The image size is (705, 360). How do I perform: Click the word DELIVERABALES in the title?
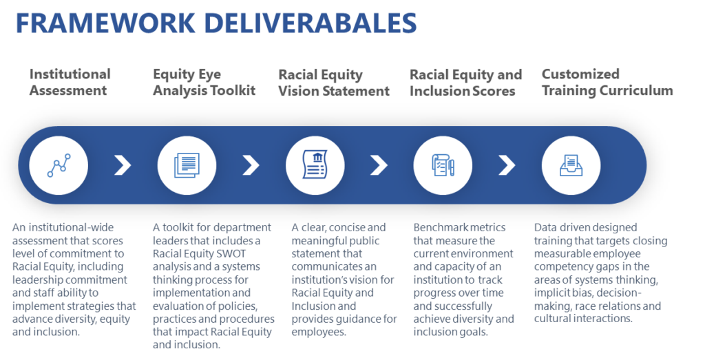[311, 23]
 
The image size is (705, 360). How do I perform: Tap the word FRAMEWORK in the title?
[105, 23]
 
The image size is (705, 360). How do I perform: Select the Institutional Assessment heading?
[70, 82]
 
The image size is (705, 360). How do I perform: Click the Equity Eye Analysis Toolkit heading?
[204, 82]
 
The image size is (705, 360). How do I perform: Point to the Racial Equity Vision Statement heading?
[334, 83]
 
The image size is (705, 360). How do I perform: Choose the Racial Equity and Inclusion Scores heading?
[466, 83]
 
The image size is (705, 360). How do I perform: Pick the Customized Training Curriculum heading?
[607, 82]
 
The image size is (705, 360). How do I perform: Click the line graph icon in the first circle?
[59, 165]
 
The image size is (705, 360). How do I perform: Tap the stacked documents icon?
[187, 165]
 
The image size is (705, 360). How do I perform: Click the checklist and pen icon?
[443, 165]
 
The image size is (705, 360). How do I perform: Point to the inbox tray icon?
[571, 165]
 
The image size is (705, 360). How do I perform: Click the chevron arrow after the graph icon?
[123, 165]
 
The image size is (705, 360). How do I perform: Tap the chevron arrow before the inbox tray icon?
[507, 165]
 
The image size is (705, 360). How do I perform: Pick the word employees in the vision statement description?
[319, 332]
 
